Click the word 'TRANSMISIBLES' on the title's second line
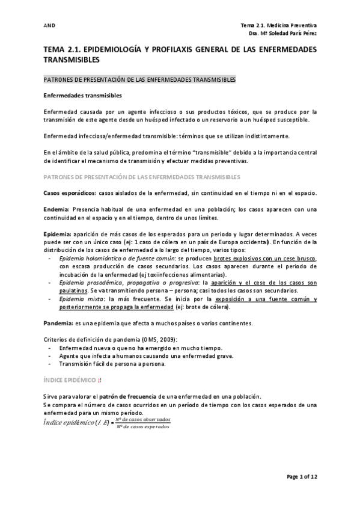tap(72, 61)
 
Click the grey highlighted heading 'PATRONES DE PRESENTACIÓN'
tap(141, 80)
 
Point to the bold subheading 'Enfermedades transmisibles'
tap(83, 96)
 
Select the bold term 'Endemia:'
tap(57, 208)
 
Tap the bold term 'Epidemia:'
tap(59, 233)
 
